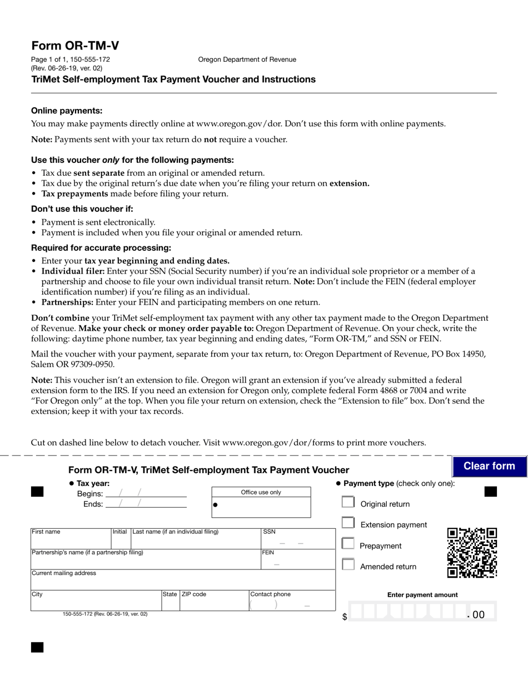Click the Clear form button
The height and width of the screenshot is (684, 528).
[x=489, y=466]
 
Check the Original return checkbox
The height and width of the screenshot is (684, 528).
[x=348, y=502]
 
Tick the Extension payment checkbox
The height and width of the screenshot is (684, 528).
[x=348, y=523]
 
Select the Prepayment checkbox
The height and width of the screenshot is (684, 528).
[x=348, y=544]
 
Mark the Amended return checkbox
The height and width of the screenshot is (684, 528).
[x=348, y=564]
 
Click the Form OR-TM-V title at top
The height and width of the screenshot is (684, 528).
[x=75, y=46]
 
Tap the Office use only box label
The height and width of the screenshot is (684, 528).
[x=261, y=493]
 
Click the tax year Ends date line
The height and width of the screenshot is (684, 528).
[x=146, y=504]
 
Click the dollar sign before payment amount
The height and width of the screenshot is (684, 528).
[x=345, y=617]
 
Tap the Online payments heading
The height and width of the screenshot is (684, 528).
[x=67, y=111]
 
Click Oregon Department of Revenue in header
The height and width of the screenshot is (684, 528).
[x=247, y=60]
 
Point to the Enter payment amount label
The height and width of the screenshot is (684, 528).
[x=422, y=594]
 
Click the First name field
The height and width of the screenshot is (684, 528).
[x=71, y=542]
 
